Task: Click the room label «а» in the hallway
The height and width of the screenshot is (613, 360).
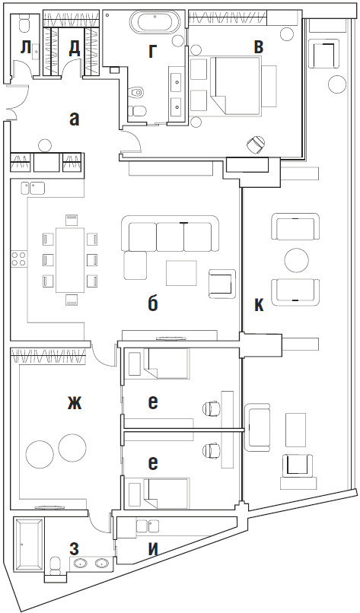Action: tap(74, 119)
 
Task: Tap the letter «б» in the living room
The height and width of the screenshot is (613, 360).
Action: tap(153, 303)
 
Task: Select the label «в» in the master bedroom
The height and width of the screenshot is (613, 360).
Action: tap(258, 47)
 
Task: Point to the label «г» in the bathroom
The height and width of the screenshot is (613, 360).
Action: tap(153, 52)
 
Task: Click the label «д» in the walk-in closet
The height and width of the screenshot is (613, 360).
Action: tap(74, 49)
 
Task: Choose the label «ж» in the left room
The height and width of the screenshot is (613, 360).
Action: tap(75, 403)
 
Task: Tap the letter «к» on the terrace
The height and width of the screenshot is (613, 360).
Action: tap(259, 305)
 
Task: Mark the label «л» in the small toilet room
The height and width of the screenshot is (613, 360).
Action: tap(25, 48)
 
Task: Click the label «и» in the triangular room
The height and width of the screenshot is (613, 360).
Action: tap(153, 549)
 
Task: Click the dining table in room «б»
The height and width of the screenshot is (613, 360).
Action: tap(71, 260)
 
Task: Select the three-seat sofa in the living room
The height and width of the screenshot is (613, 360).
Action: tap(170, 233)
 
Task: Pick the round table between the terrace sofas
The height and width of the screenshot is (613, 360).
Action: tap(297, 261)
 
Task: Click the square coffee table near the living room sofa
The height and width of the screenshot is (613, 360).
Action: tap(181, 273)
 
